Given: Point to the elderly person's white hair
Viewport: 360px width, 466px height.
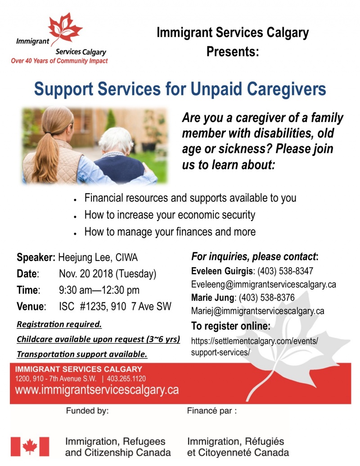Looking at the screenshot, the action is (x=116, y=140).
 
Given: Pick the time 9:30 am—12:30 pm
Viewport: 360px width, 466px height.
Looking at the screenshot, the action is (x=99, y=290).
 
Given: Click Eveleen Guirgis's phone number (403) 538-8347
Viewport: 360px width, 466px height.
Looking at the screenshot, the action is (x=285, y=271).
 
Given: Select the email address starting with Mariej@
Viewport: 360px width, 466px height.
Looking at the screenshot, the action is (x=257, y=311).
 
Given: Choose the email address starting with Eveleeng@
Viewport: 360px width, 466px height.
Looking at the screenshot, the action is (x=263, y=284).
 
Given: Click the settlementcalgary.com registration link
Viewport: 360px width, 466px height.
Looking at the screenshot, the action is (x=254, y=346).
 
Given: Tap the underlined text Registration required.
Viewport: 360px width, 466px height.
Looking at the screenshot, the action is (x=59, y=324).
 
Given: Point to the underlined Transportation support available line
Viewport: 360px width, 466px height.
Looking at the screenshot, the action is (x=82, y=354).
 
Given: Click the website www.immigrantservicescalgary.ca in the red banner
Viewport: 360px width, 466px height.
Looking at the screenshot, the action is (x=97, y=390).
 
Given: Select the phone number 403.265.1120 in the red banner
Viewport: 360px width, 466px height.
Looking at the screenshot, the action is (x=126, y=379).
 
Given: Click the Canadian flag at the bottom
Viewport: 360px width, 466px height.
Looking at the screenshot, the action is (x=30, y=446).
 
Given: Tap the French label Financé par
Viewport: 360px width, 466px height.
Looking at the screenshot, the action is (x=211, y=411).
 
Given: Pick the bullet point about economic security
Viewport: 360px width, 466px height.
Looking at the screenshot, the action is (x=170, y=215).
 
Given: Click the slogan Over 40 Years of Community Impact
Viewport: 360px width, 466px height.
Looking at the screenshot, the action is (x=59, y=61).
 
